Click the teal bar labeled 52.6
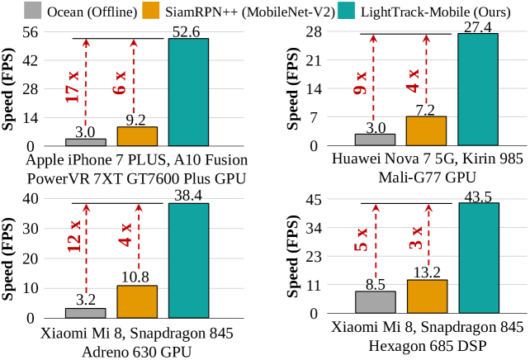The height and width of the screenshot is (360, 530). coord(188,92)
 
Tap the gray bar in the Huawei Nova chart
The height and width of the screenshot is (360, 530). coord(376,140)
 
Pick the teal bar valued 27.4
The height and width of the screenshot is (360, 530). coord(478,90)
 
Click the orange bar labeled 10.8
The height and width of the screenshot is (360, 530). coord(137,301)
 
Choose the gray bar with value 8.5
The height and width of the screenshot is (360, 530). coord(376,302)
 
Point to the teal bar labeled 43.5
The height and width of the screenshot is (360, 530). coord(478,258)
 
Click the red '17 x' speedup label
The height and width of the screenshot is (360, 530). coord(73,87)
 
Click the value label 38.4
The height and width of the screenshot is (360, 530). coord(188,195)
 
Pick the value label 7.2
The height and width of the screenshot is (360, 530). coord(427,109)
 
